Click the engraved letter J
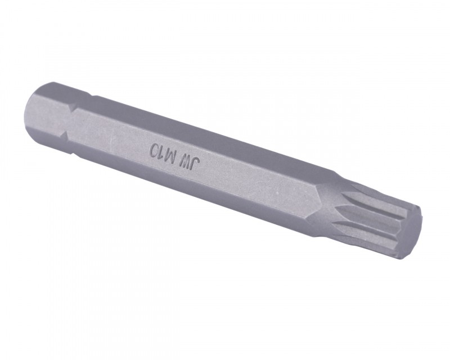pyautogui.click(x=196, y=165)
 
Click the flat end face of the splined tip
pyautogui.click(x=411, y=231)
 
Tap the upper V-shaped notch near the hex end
pyautogui.click(x=70, y=109)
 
